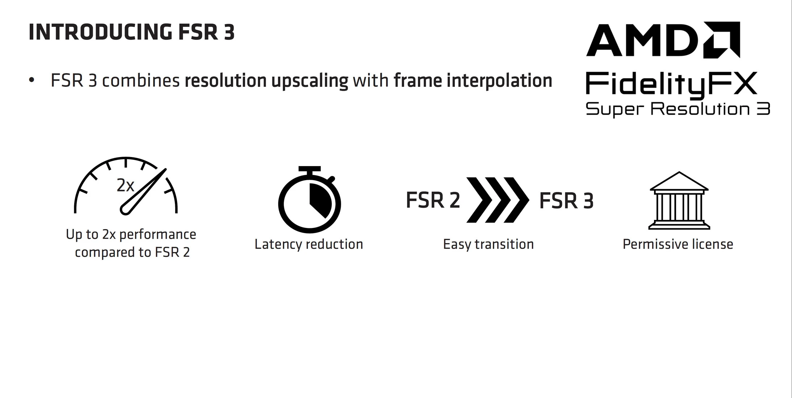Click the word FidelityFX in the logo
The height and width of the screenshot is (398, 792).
(x=671, y=84)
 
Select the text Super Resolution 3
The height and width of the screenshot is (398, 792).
(x=677, y=109)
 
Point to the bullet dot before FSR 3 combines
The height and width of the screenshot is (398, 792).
(x=32, y=80)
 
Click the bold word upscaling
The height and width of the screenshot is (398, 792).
(x=310, y=81)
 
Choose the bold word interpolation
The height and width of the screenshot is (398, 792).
(x=499, y=81)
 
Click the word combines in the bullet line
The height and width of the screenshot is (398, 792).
(x=141, y=80)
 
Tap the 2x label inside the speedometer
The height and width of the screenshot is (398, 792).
(x=125, y=186)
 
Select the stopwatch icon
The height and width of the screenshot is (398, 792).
(x=309, y=201)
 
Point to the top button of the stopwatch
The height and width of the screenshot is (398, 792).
(x=309, y=169)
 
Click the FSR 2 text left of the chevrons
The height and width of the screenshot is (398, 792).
(x=433, y=200)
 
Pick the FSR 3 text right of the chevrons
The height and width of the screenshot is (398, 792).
(x=566, y=201)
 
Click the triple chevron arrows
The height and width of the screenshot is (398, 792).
(x=498, y=200)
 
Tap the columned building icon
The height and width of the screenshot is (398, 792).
(x=679, y=201)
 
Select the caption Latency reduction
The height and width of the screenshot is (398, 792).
(x=309, y=244)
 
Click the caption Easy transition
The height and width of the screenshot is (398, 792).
(x=488, y=244)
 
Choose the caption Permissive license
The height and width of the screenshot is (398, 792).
(x=678, y=244)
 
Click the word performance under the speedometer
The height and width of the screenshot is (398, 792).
(x=158, y=234)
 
